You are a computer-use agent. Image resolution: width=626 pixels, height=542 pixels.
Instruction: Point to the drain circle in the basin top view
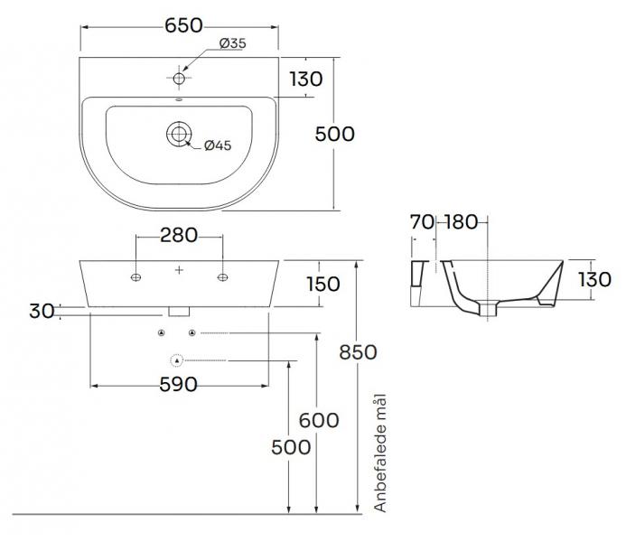pos(179,135)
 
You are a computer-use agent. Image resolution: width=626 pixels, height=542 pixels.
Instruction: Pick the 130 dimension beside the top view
pos(306,79)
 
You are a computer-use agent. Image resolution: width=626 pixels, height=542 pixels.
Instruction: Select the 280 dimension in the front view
pos(179,236)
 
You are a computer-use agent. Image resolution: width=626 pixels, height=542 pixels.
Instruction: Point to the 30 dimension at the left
pos(41,311)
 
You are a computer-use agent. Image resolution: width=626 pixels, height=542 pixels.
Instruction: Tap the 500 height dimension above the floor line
pos(292,447)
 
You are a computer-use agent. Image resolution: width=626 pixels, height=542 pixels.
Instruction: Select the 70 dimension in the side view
pos(422,220)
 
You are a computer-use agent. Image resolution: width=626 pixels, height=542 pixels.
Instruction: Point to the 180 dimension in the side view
pos(462,220)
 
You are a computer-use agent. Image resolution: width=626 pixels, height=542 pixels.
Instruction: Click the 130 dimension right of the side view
pos(594,280)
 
